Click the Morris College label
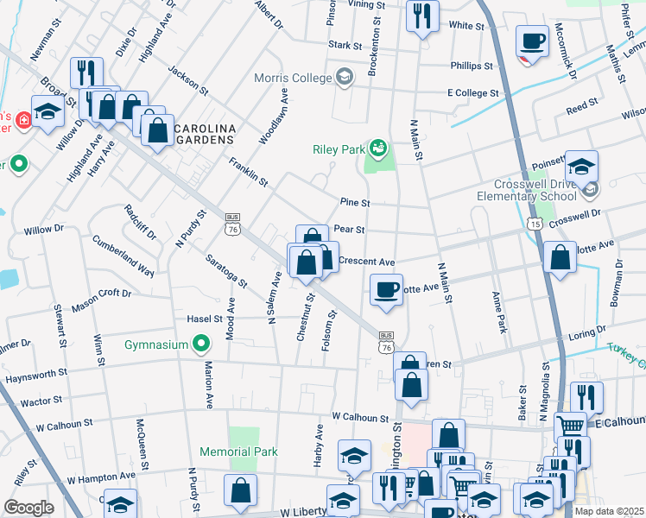click(294, 79)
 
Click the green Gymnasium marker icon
click(201, 344)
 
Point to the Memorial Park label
click(238, 452)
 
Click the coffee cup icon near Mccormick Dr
click(532, 40)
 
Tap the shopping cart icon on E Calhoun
click(569, 425)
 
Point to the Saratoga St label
click(226, 270)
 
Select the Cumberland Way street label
click(123, 256)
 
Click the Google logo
click(29, 508)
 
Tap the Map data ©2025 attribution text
click(608, 511)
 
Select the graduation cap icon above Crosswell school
click(581, 165)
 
